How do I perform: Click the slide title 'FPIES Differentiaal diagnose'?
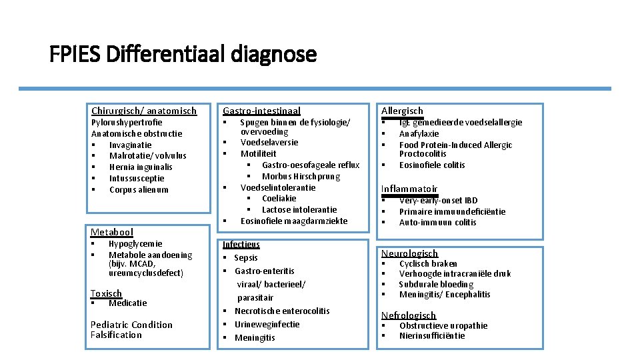[x=183, y=53]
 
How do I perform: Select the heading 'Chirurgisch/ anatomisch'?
[x=143, y=111]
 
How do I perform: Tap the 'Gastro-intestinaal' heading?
[x=261, y=111]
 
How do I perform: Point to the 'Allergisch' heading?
[x=402, y=111]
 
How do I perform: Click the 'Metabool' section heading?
[x=112, y=232]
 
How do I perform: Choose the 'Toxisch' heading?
[x=106, y=293]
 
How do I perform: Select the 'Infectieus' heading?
[x=241, y=244]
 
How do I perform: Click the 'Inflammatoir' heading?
[x=409, y=189]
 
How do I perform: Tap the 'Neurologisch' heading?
[x=409, y=253]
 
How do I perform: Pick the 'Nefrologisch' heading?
[x=408, y=315]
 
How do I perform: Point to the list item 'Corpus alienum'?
[x=139, y=189]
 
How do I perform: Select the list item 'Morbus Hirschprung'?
[x=301, y=176]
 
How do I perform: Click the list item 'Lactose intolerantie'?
[x=299, y=209]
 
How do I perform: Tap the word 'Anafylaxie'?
[x=419, y=133]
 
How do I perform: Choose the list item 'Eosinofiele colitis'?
[x=432, y=165]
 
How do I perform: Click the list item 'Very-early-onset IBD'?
[x=438, y=200]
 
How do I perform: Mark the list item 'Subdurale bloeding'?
[x=436, y=284]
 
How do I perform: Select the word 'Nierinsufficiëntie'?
[x=432, y=335]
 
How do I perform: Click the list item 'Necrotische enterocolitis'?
[x=282, y=311]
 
